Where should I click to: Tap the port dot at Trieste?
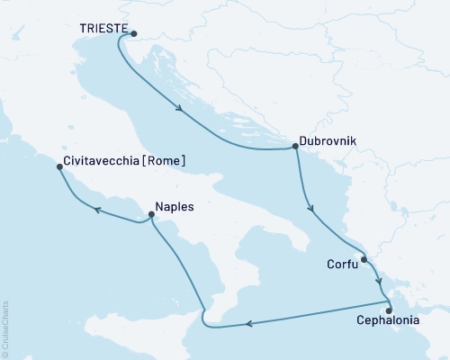pyautogui.click(x=134, y=35)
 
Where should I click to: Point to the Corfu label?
pyautogui.click(x=341, y=265)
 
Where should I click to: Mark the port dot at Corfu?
pyautogui.click(x=364, y=260)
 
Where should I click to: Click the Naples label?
pyautogui.click(x=175, y=205)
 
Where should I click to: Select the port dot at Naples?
pyautogui.click(x=150, y=215)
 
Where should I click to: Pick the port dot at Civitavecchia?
pyautogui.click(x=59, y=167)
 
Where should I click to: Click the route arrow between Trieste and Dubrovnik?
pyautogui.click(x=181, y=111)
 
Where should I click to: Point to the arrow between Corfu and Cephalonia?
pyautogui.click(x=379, y=281)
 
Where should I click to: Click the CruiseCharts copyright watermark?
pyautogui.click(x=5, y=328)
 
